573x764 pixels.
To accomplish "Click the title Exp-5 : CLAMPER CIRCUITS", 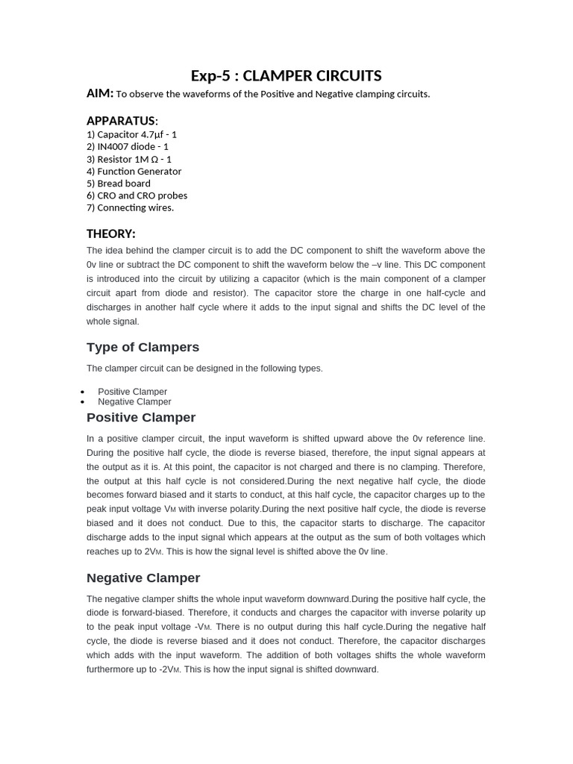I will [286, 76].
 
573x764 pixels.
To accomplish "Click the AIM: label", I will [100, 93].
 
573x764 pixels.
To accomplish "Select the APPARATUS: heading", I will [122, 121].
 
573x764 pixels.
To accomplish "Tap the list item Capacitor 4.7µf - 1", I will [131, 134].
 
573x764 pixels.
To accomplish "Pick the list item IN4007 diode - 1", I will [128, 147].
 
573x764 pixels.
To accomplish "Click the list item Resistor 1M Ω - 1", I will [129, 159].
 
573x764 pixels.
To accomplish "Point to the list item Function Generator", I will [134, 172].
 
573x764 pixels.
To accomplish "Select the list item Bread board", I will [119, 184].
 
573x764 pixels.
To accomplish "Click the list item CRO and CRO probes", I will [137, 195].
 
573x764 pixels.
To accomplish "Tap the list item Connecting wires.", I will [130, 207].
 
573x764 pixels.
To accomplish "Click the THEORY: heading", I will [111, 234].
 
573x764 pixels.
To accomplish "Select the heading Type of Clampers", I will [143, 347].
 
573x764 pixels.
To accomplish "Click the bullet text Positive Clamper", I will [132, 392].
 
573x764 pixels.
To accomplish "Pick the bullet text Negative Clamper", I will [134, 401].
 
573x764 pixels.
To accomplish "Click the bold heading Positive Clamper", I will [141, 417].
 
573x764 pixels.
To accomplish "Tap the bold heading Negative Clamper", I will [143, 577].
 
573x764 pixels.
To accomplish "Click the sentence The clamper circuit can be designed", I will [204, 369].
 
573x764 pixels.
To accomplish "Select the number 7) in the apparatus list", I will [91, 207].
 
